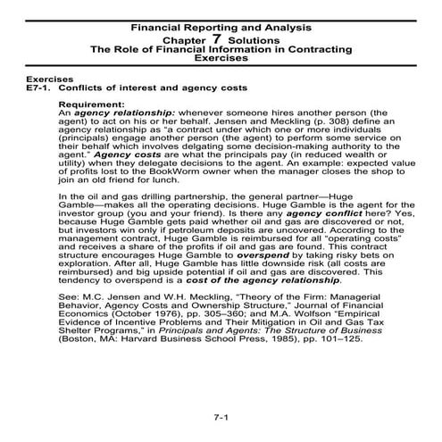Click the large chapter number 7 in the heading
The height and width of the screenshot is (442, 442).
pyautogui.click(x=216, y=39)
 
